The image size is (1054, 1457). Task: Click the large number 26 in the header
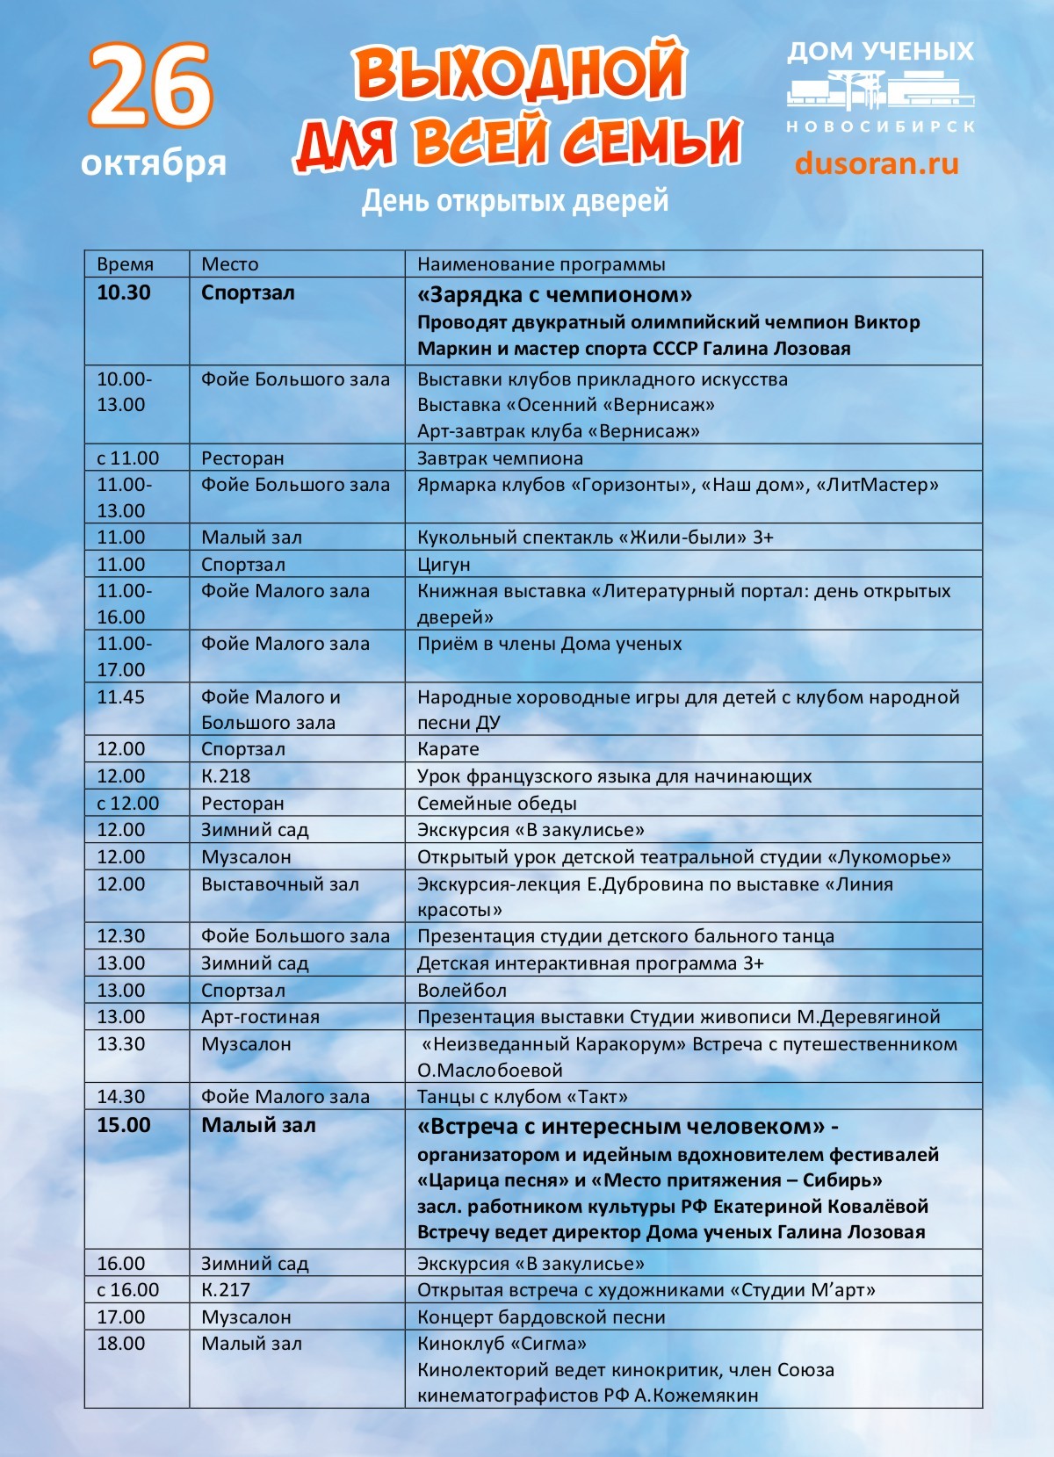[x=150, y=86]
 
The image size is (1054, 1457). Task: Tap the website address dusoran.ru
[x=876, y=163]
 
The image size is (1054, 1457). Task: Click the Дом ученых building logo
[x=879, y=91]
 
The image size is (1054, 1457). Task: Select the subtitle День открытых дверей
[x=516, y=201]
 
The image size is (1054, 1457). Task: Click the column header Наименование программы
[x=541, y=264]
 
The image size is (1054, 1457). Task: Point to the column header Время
[x=125, y=264]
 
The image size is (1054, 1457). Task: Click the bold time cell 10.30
[x=124, y=293]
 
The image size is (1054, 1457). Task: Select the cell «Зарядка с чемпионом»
[x=554, y=294]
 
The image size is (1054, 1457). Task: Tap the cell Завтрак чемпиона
[x=500, y=458]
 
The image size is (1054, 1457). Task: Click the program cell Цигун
[x=444, y=565]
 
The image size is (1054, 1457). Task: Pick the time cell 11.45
[x=120, y=697]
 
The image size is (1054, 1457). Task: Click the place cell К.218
[x=226, y=776]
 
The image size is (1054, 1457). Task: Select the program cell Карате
[x=448, y=749]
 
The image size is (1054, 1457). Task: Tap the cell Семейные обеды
[x=496, y=804]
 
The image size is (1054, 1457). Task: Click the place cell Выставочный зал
[x=280, y=884]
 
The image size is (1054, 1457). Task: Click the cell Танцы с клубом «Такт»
[x=523, y=1097]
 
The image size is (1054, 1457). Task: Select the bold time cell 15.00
[x=124, y=1126]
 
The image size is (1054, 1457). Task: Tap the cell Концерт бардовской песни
[x=541, y=1317]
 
